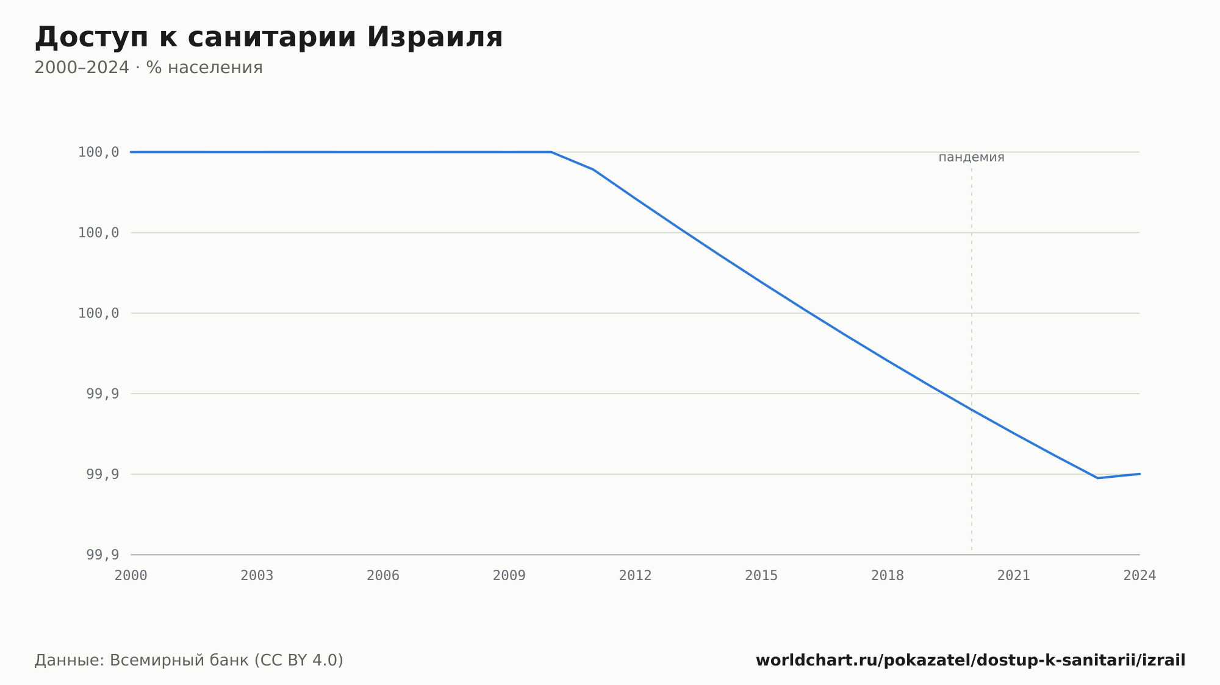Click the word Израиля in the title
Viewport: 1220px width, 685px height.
point(434,37)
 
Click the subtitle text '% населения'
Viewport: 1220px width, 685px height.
point(204,68)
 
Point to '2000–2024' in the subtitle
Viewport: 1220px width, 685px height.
point(82,68)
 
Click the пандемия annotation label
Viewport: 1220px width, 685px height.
point(971,157)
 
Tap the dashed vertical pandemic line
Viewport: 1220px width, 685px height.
point(972,359)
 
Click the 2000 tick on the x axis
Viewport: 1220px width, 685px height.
point(131,576)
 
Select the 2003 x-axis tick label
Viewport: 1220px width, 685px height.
point(257,576)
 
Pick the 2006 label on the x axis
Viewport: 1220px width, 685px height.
point(383,576)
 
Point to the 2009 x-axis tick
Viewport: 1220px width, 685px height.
point(509,576)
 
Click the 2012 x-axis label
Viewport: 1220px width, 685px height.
point(636,576)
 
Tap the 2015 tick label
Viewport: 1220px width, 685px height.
point(761,576)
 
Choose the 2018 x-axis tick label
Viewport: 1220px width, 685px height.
point(888,576)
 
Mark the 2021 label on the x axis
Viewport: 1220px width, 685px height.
point(1014,576)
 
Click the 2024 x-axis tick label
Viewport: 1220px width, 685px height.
point(1139,576)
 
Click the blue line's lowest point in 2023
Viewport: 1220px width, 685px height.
point(1097,478)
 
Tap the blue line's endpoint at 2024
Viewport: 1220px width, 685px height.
point(1139,474)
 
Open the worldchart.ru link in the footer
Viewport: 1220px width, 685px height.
point(971,661)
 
